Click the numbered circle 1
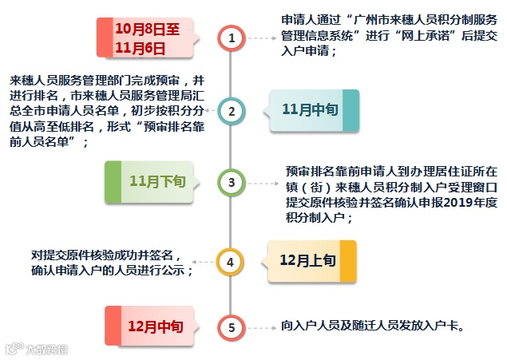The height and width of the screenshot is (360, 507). (232, 38)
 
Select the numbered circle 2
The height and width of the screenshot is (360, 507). (232, 111)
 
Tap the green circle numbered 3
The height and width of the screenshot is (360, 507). (232, 183)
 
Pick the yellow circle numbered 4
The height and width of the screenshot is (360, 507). (232, 260)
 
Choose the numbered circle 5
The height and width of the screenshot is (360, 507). (232, 326)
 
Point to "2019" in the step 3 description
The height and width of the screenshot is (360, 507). (437, 202)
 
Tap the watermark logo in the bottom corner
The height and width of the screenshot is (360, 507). (36, 349)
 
